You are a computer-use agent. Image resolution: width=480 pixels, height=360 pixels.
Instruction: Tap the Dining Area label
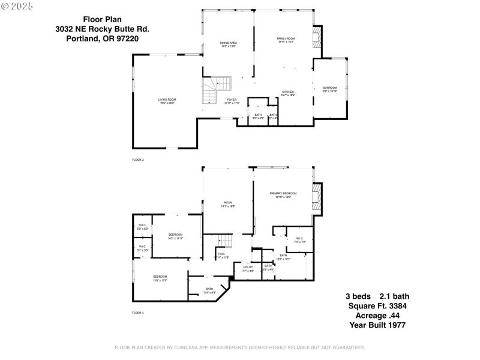(228, 44)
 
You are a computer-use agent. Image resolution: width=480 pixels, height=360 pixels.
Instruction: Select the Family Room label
(286, 40)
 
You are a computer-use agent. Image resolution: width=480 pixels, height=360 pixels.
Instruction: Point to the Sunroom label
(330, 89)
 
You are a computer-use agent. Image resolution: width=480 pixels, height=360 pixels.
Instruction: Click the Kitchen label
(288, 94)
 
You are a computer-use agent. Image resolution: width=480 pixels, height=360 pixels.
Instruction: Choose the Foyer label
(232, 101)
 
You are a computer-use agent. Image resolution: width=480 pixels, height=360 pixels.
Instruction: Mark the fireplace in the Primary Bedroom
(317, 197)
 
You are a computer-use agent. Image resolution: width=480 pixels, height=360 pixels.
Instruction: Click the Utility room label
(248, 268)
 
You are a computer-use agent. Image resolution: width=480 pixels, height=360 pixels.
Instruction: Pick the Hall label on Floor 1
(221, 256)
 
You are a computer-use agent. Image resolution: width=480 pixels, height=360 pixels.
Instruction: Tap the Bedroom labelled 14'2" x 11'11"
(175, 236)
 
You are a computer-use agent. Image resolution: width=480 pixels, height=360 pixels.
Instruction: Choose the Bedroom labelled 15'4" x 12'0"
(160, 278)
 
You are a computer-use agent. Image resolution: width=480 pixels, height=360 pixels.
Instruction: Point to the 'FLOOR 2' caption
(138, 160)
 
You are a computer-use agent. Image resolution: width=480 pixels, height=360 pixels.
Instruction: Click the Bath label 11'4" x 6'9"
(209, 290)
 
